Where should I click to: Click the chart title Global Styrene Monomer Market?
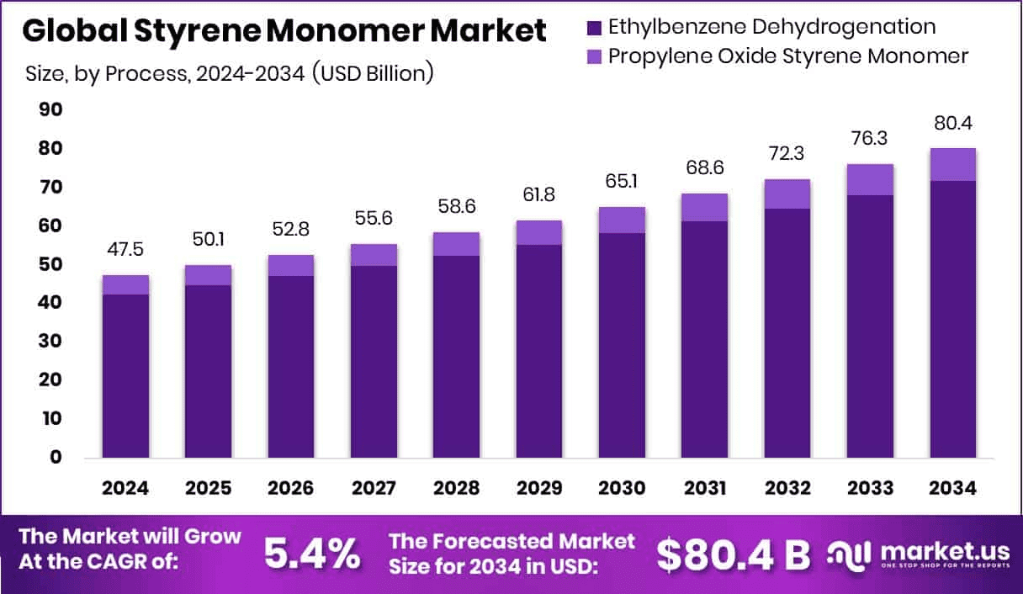tap(284, 30)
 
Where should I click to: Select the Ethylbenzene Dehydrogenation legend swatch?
tap(593, 27)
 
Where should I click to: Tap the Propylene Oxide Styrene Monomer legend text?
tap(788, 56)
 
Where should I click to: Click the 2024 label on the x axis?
tap(125, 488)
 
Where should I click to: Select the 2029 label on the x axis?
tap(539, 488)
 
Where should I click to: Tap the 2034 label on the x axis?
tap(952, 488)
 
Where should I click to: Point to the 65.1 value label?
tap(622, 183)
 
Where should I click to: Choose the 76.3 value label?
tap(870, 139)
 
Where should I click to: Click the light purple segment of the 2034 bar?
tap(952, 164)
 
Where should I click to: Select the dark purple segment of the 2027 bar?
tap(374, 362)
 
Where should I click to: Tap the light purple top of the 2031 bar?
tap(704, 207)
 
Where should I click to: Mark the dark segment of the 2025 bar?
tap(209, 371)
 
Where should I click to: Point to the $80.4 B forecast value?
tap(733, 554)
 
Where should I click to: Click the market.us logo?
tap(917, 554)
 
